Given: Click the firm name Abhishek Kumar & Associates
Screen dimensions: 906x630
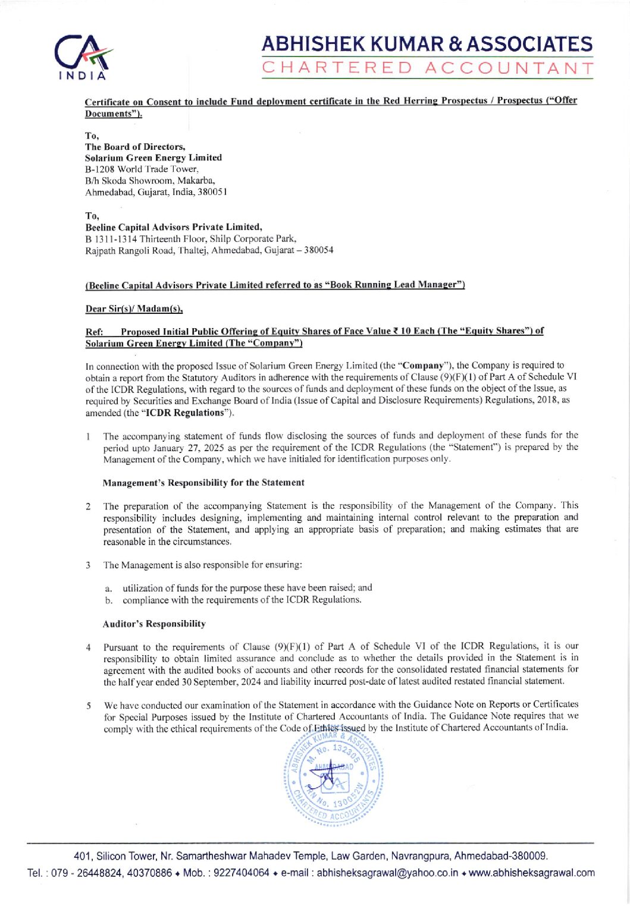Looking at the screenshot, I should pos(428,45).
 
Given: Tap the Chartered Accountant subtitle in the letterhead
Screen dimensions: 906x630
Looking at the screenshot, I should pos(428,68).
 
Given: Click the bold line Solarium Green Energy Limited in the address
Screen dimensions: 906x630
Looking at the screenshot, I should pos(153,158).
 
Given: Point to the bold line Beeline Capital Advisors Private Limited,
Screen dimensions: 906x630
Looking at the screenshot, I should pos(174,227).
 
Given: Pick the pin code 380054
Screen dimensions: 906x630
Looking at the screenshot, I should pos(318,250).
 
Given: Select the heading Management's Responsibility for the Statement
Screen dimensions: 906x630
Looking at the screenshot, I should pos(203,482).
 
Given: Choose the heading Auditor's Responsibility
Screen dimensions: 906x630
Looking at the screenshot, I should pos(154,624).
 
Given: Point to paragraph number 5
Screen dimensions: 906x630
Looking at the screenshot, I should pos(88,706).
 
